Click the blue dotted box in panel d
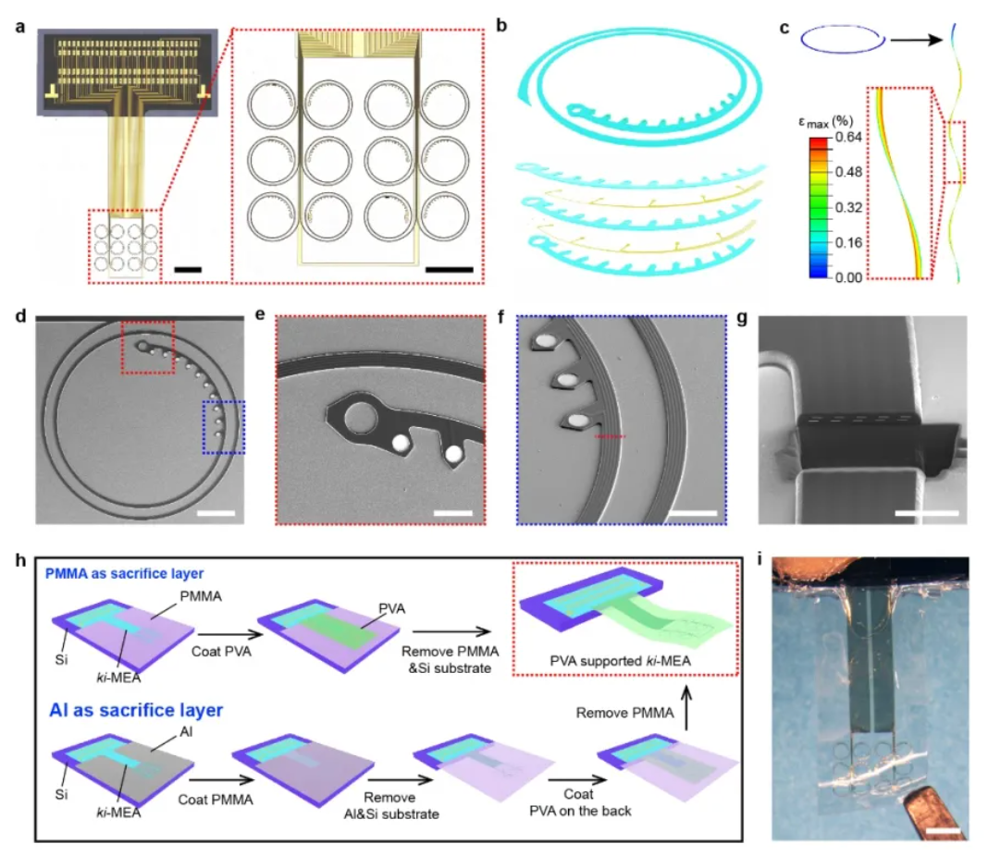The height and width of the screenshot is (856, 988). tap(223, 426)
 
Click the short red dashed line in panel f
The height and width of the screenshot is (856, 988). tap(610, 435)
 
